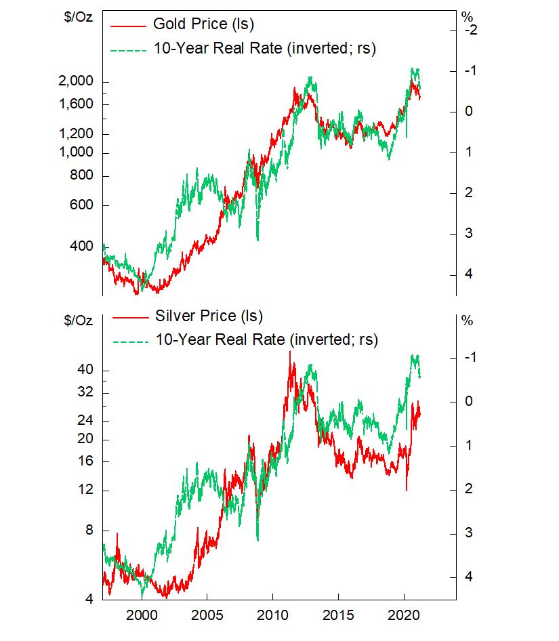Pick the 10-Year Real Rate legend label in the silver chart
pyautogui.click(x=266, y=339)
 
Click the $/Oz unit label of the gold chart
pyautogui.click(x=75, y=16)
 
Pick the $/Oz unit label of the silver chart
pyautogui.click(x=75, y=320)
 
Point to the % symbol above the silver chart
pyautogui.click(x=467, y=320)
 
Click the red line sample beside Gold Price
pyautogui.click(x=127, y=26)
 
